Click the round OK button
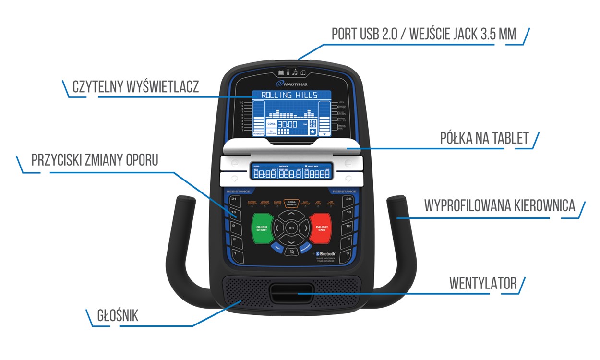(x=291, y=228)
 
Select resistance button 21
(x=234, y=199)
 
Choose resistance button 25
(x=348, y=199)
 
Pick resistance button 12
(x=348, y=226)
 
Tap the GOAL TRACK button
(x=291, y=204)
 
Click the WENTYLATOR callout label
(x=483, y=283)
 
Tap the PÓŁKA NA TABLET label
(x=484, y=138)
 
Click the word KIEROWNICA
(x=542, y=205)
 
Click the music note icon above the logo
(x=295, y=72)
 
